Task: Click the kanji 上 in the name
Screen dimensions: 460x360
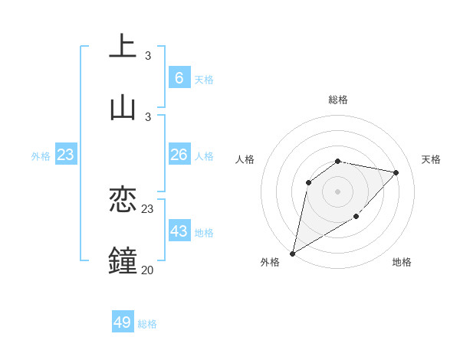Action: click(123, 46)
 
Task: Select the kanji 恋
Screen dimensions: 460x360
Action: click(123, 200)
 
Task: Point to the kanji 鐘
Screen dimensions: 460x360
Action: click(123, 260)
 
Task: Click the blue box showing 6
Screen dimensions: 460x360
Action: click(179, 78)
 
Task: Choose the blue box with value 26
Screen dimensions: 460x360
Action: click(179, 155)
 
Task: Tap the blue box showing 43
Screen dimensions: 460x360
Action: click(179, 231)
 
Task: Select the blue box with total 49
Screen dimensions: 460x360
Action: click(123, 322)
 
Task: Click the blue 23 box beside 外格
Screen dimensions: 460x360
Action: click(66, 155)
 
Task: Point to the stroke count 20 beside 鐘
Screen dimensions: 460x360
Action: click(147, 270)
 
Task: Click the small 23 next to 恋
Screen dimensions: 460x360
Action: click(147, 208)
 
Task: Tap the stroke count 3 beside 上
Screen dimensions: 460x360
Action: click(147, 55)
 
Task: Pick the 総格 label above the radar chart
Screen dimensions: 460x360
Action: click(338, 100)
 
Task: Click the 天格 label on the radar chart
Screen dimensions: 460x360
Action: click(432, 159)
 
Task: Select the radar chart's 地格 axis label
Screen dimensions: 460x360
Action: click(402, 262)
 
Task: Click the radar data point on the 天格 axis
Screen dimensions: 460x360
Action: click(396, 172)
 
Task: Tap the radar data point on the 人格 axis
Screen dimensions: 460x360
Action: click(309, 182)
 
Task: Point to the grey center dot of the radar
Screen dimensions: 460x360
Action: click(338, 191)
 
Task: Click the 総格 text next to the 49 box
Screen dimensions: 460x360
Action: click(148, 324)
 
